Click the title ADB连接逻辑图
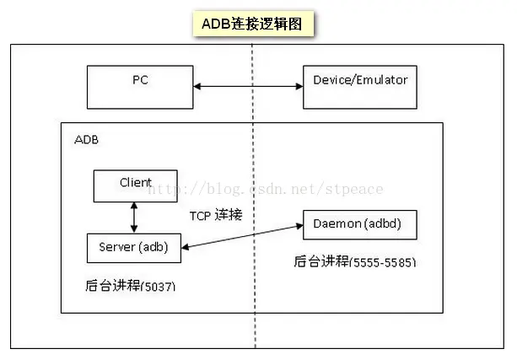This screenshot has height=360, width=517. [x=252, y=24]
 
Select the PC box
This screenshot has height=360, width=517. [x=140, y=84]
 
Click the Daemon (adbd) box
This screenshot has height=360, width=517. [x=360, y=225]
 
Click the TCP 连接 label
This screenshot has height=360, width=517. [x=216, y=215]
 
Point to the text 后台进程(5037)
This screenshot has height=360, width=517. [x=131, y=287]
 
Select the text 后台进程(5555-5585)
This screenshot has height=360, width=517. [x=354, y=262]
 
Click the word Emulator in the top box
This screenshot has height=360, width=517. [x=382, y=80]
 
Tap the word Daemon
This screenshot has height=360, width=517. [x=337, y=225]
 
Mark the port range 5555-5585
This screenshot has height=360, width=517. [x=385, y=262]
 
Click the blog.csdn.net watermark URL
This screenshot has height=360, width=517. [x=266, y=190]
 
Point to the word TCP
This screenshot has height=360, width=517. [x=201, y=215]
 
